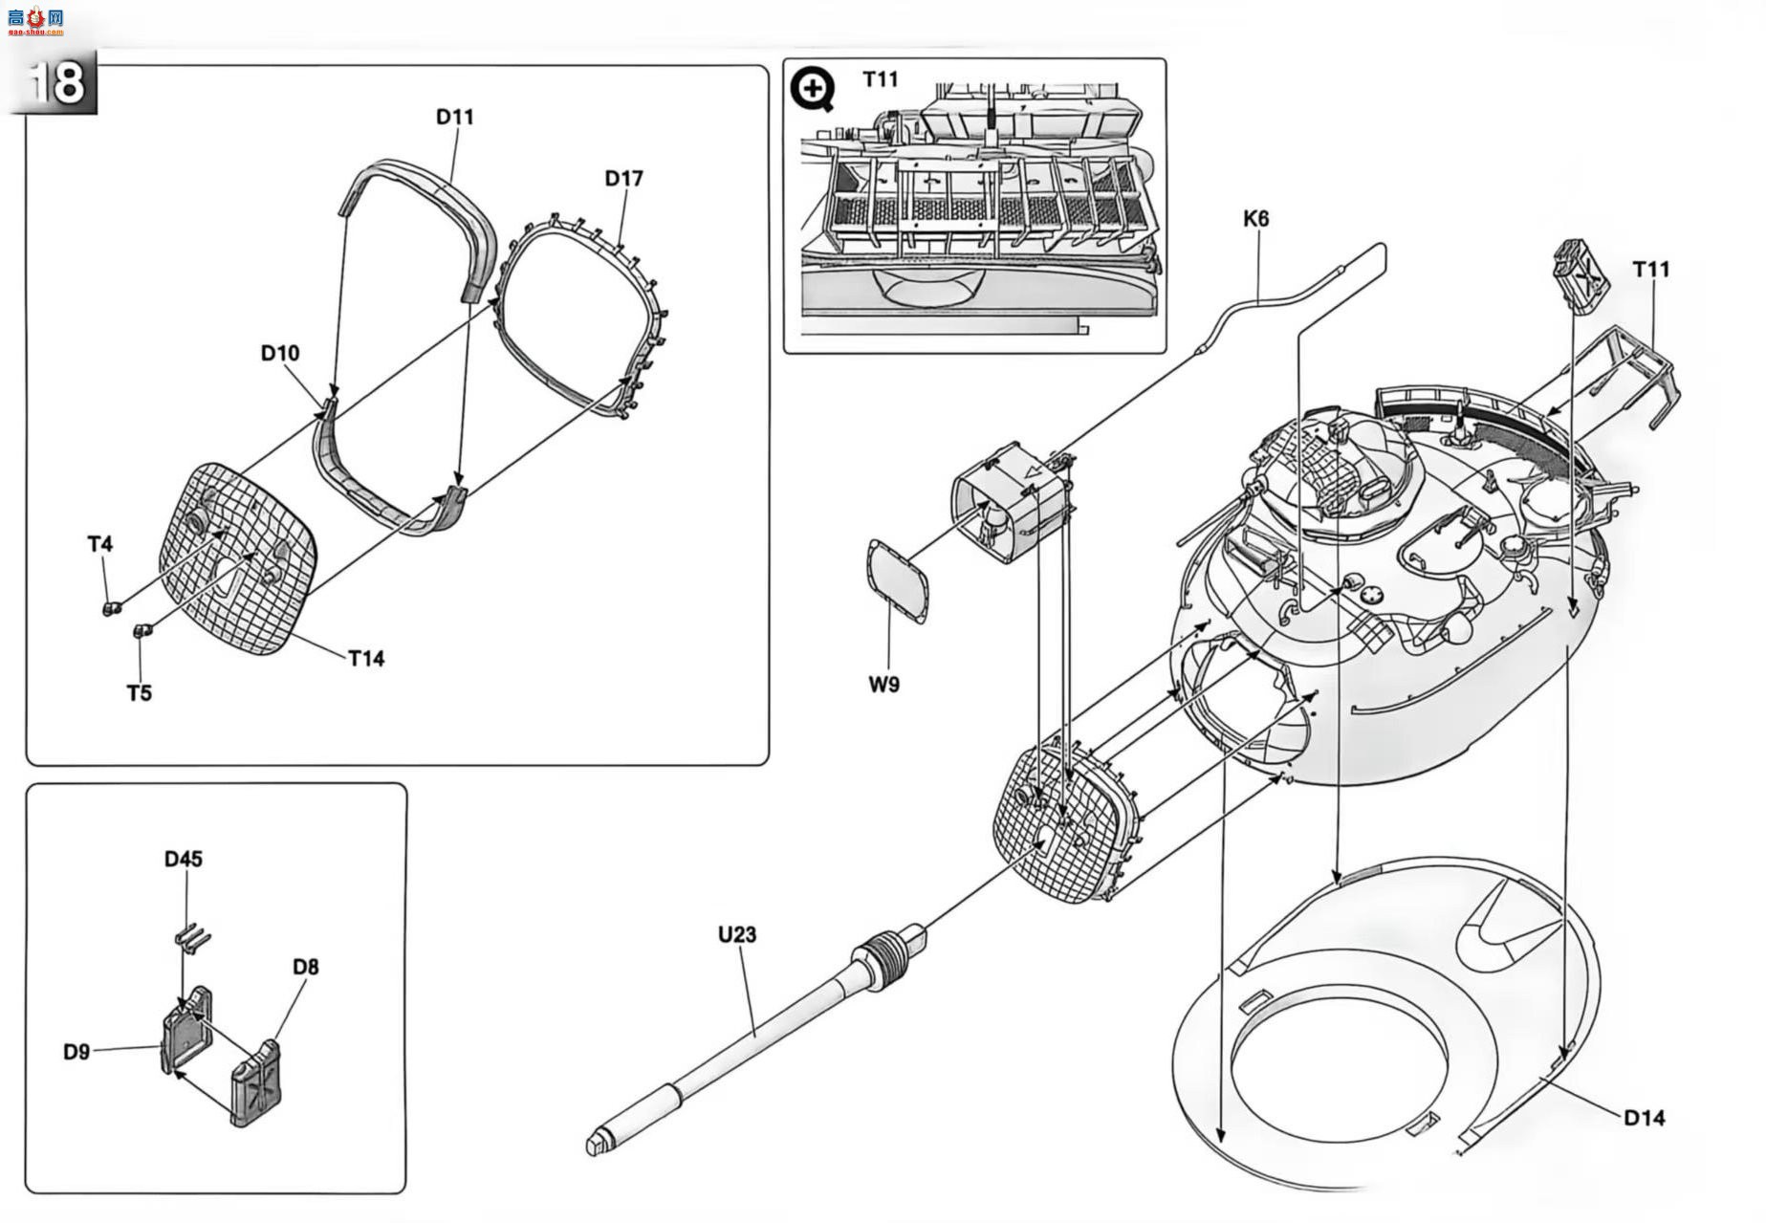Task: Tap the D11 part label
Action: click(455, 117)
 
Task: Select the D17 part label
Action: click(624, 179)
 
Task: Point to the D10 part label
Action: click(280, 353)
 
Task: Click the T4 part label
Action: click(100, 544)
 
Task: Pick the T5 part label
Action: click(140, 692)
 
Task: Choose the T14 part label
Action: click(366, 658)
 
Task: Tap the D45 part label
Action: click(184, 859)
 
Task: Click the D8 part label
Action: click(306, 967)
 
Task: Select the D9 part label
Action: click(76, 1052)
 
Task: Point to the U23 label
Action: click(737, 934)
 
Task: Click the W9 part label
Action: click(884, 685)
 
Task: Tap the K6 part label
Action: click(1256, 219)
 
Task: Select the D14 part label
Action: click(1645, 1117)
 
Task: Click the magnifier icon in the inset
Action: click(813, 90)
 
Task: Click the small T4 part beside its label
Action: click(110, 608)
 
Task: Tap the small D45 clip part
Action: click(193, 938)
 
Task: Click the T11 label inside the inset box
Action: click(881, 79)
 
